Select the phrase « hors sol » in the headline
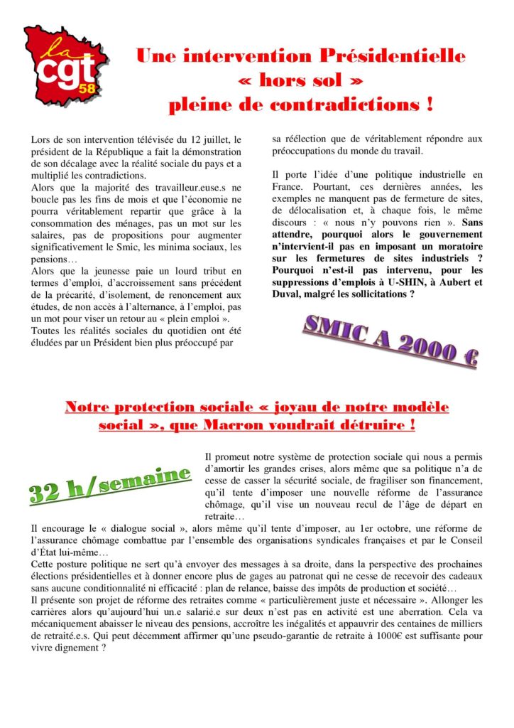pos(300,80)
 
